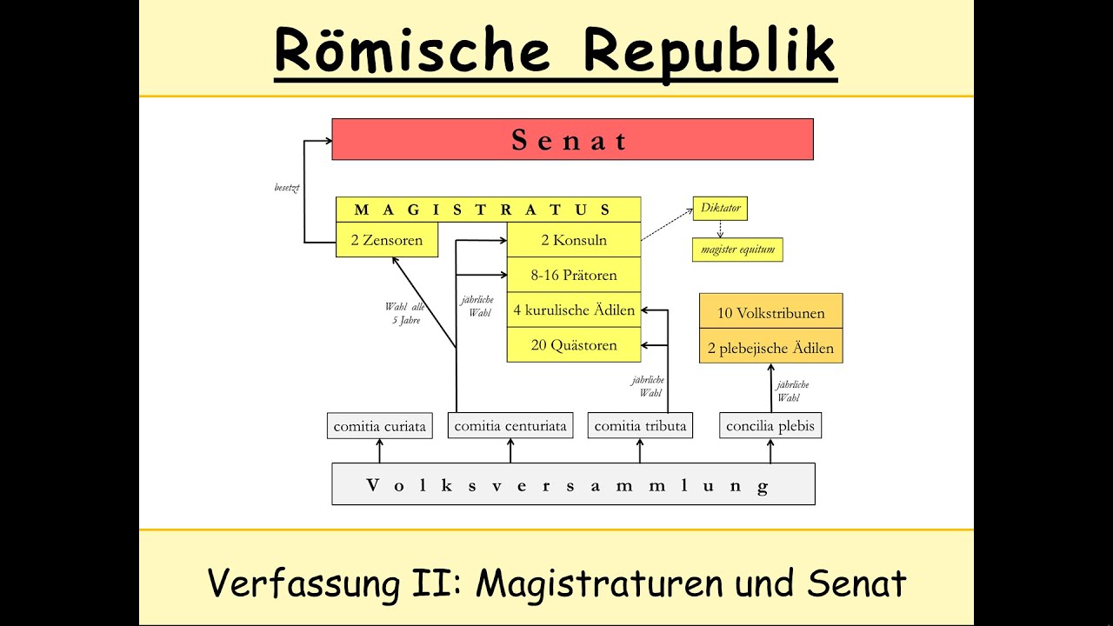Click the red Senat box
point(572,139)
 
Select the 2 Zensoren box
point(387,240)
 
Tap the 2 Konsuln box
point(574,240)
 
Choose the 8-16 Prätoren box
point(574,276)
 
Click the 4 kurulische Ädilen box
point(574,310)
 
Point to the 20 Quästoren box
point(574,345)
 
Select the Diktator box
point(719,209)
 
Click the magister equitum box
point(737,250)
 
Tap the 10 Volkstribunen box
point(771,312)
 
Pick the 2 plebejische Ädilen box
point(771,348)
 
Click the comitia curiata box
point(379,426)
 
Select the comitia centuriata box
point(510,426)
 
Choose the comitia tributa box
point(641,426)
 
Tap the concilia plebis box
point(770,426)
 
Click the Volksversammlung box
point(573,484)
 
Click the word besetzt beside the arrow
point(287,188)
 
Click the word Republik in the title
point(708,50)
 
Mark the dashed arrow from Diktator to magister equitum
point(720,229)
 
